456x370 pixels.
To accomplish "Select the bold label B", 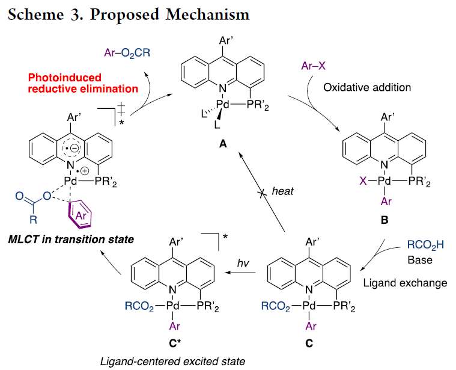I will click(385, 221).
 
